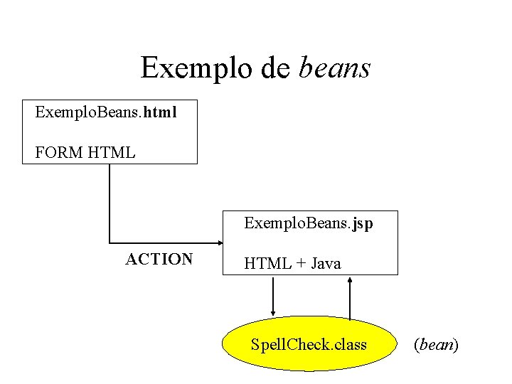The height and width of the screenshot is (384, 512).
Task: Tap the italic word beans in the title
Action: [x=335, y=68]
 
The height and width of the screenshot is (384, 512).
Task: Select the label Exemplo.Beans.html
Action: [x=106, y=112]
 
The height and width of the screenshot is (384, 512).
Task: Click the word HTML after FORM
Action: [x=111, y=152]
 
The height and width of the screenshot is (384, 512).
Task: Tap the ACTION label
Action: [x=159, y=259]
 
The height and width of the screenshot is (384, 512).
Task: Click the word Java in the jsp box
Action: [x=326, y=264]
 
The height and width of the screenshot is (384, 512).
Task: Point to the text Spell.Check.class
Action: [x=309, y=346]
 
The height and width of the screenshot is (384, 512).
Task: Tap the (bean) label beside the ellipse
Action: [x=436, y=346]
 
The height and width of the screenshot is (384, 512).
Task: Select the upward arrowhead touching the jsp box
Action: [x=350, y=280]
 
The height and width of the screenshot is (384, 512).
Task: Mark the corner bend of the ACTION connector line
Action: [x=110, y=243]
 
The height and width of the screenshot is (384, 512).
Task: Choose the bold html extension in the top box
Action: [x=160, y=112]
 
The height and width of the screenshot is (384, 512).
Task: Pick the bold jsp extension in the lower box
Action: [x=361, y=224]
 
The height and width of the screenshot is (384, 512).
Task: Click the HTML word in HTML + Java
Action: [x=267, y=264]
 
